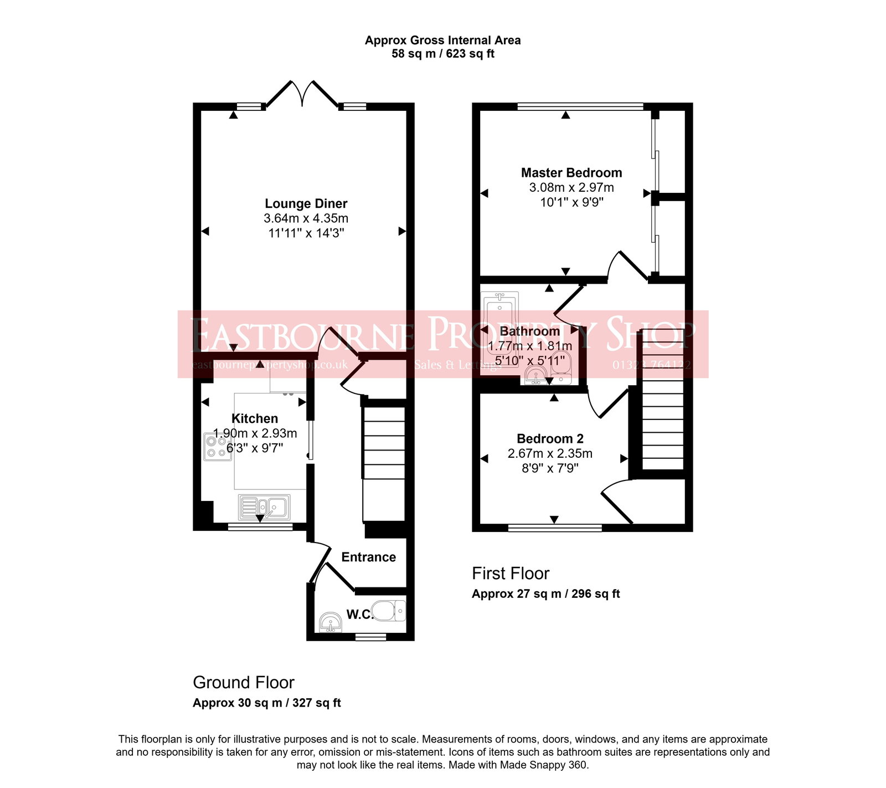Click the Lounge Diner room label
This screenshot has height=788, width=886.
click(x=306, y=203)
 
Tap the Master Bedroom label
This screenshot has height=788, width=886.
click(x=571, y=172)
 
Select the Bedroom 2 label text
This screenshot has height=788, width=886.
click(x=550, y=438)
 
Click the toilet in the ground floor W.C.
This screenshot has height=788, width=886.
click(x=389, y=611)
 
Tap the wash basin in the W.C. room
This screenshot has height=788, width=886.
click(x=331, y=622)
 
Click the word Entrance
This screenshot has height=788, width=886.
click(x=368, y=557)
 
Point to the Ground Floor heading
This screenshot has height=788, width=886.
click(x=243, y=682)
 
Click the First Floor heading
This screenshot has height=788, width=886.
click(x=510, y=573)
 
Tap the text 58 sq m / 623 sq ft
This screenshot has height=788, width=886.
click(x=442, y=54)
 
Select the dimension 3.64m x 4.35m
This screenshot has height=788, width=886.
click(x=306, y=218)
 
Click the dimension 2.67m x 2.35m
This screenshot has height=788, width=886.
click(x=550, y=453)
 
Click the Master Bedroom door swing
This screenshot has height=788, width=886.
click(x=626, y=266)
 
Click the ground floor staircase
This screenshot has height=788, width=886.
click(x=384, y=460)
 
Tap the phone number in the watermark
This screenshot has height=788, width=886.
click(x=651, y=365)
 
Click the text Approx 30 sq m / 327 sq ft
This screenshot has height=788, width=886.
click(x=266, y=703)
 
